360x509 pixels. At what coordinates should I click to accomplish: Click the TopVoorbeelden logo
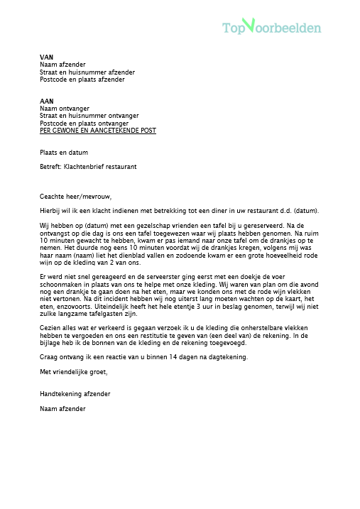click(x=271, y=28)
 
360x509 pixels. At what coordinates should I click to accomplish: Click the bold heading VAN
click(x=46, y=57)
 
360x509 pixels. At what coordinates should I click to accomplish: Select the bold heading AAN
click(x=47, y=101)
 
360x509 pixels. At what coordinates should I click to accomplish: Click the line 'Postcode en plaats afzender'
click(x=82, y=80)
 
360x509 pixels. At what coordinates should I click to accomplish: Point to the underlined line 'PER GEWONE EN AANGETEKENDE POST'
click(x=98, y=131)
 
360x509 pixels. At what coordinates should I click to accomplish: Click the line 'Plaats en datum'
click(x=64, y=152)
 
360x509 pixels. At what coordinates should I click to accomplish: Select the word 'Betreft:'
click(x=52, y=166)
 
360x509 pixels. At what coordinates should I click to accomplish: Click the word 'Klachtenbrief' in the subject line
click(x=86, y=166)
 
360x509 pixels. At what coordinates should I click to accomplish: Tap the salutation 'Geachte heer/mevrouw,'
click(x=76, y=197)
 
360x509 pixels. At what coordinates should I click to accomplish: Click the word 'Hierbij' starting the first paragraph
click(x=51, y=211)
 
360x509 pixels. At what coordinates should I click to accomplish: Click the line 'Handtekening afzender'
click(x=75, y=393)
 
